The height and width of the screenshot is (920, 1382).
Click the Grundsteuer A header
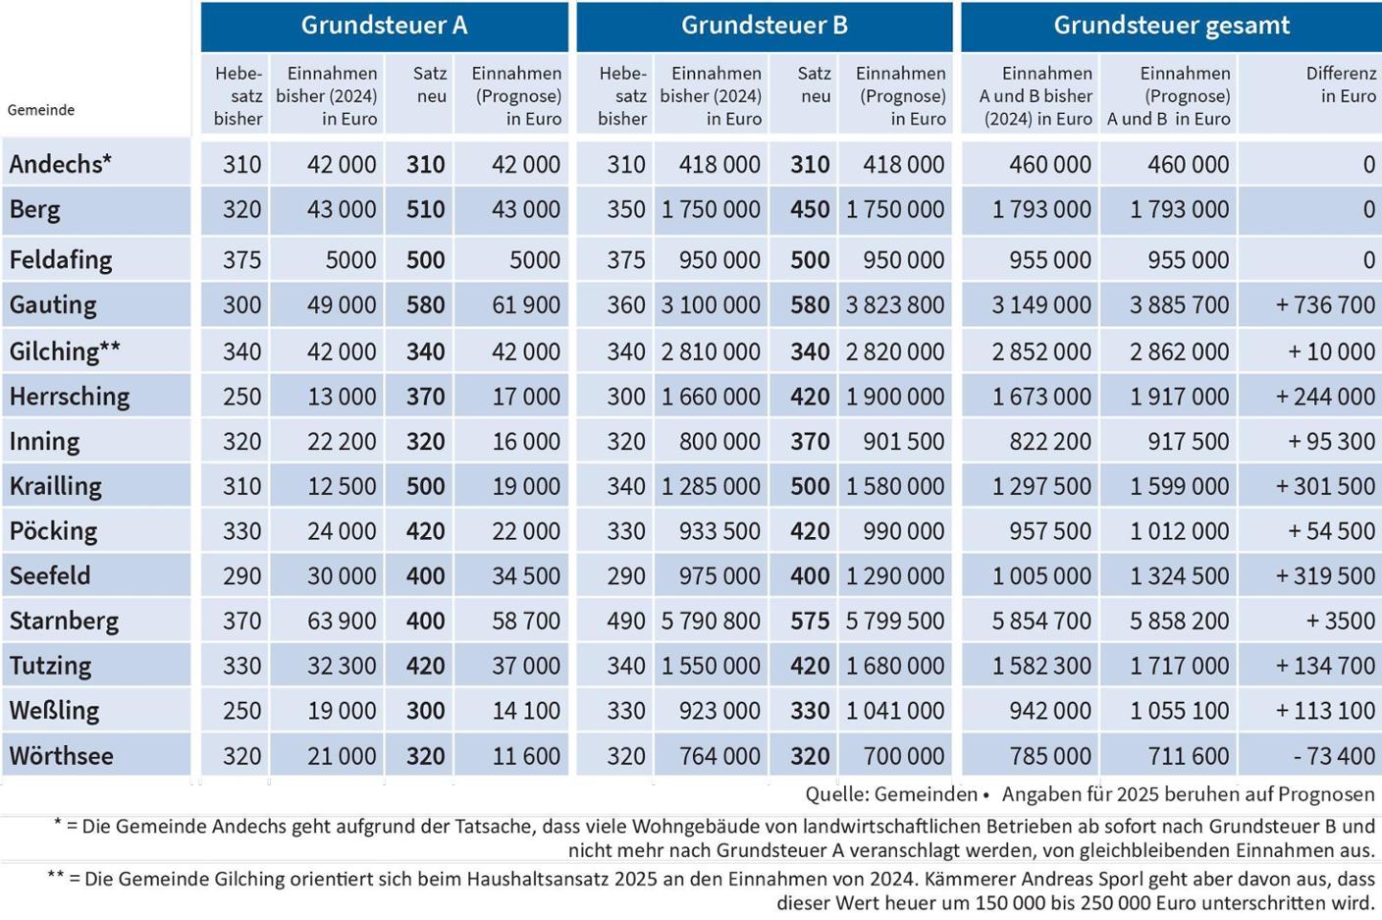(384, 26)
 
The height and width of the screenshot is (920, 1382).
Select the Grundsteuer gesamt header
(1171, 26)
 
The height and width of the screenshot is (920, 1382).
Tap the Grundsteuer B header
(764, 26)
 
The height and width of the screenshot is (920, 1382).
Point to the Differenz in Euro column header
(1340, 84)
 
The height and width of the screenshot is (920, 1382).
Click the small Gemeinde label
(41, 110)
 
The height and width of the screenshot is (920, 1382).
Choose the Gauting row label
(53, 305)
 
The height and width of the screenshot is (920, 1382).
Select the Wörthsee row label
(61, 756)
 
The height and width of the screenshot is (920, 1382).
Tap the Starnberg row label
(64, 621)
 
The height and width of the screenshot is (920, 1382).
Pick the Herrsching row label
(70, 397)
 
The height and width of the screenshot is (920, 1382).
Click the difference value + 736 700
(1325, 305)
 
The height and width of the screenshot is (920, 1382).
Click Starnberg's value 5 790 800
(711, 621)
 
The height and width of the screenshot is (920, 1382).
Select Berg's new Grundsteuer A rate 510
(425, 209)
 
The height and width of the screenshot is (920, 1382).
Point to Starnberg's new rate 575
(810, 621)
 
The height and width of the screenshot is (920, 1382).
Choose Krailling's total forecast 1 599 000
(1179, 486)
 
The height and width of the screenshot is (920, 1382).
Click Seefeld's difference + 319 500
(1325, 575)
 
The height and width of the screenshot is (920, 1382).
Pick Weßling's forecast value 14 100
(526, 710)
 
